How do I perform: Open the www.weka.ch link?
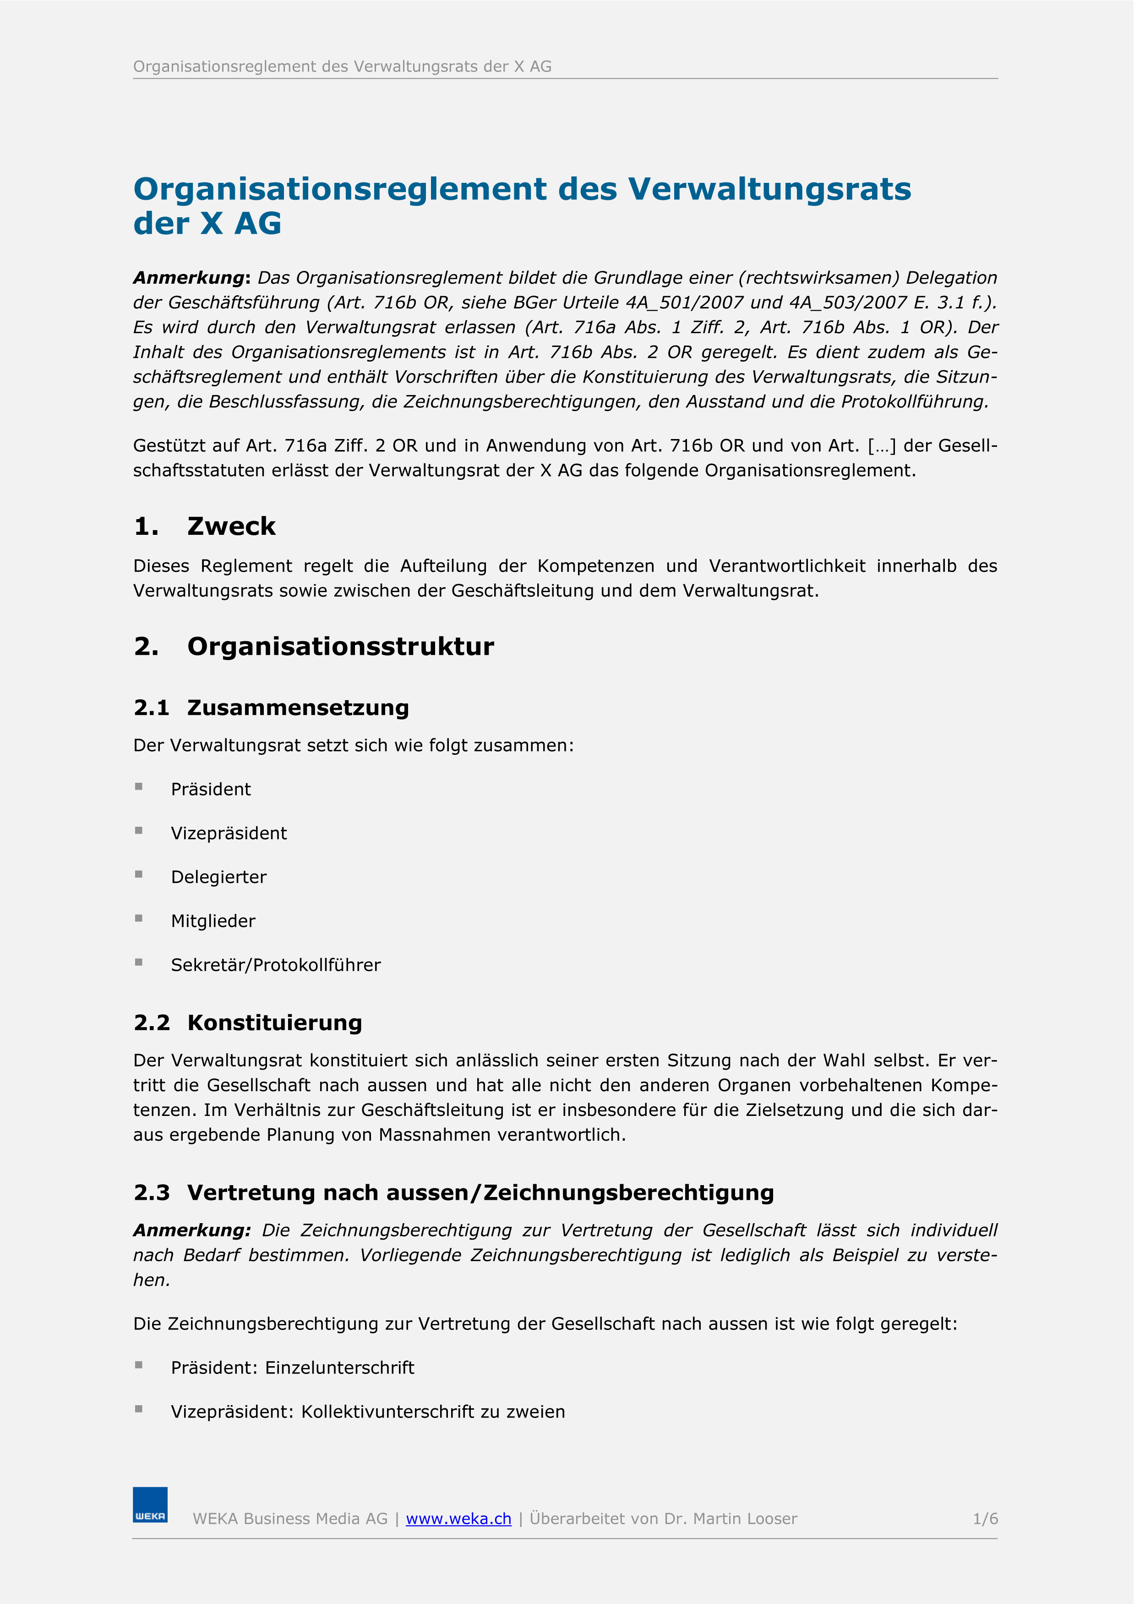pos(458,1519)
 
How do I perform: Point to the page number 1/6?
pos(985,1519)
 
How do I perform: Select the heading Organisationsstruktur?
pos(341,646)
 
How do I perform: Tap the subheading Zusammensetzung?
pos(298,708)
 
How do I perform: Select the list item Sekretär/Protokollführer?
pos(276,965)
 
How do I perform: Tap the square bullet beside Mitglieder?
pos(139,918)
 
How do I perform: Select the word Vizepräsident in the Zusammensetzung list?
pos(229,833)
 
